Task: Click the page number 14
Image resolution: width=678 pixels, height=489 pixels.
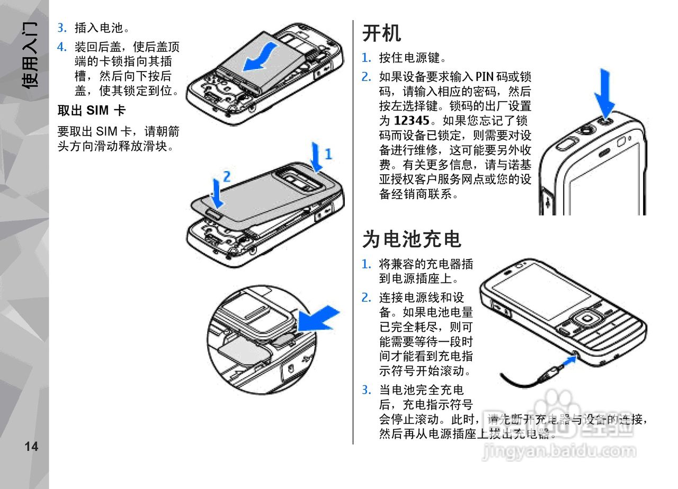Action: click(31, 447)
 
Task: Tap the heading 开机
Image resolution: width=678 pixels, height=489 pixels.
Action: click(381, 33)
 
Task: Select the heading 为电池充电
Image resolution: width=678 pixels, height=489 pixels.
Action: click(412, 239)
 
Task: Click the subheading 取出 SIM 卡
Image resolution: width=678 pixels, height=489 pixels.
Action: click(91, 111)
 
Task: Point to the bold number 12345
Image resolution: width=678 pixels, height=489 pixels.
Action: click(411, 121)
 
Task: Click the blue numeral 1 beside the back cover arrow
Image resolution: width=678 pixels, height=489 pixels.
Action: click(328, 154)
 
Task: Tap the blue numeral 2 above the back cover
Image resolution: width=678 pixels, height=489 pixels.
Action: click(226, 176)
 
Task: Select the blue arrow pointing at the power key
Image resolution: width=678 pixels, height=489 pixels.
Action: click(604, 93)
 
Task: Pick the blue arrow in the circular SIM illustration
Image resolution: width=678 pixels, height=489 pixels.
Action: click(318, 318)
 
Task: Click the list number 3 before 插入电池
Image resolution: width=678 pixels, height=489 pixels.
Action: click(61, 28)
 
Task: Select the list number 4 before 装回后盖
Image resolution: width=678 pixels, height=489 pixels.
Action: click(61, 47)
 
